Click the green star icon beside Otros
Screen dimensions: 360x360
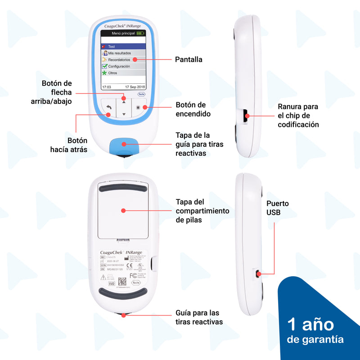(104, 72)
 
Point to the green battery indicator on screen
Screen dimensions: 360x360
(141, 33)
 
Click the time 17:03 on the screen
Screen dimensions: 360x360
(107, 86)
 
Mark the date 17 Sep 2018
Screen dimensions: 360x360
(135, 86)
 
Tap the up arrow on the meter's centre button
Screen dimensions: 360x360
(124, 102)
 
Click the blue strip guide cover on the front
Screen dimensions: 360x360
(124, 145)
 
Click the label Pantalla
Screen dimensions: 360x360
(189, 59)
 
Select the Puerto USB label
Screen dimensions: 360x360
(277, 207)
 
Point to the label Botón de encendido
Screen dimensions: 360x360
(193, 109)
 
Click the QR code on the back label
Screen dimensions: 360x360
(122, 282)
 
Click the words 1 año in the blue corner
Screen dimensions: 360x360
(310, 324)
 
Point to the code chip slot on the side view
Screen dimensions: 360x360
(246, 116)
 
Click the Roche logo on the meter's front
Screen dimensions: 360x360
(141, 94)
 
